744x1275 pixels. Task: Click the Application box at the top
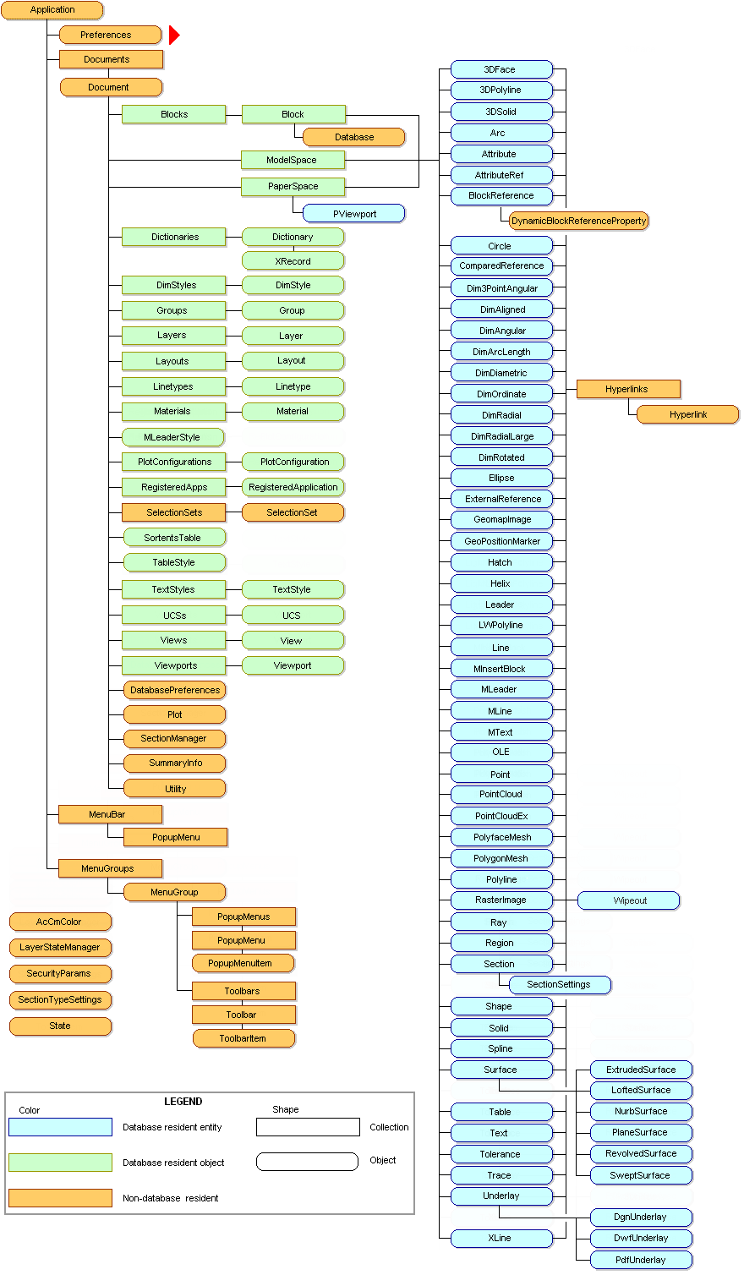[52, 10]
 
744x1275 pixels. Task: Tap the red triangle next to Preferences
[174, 35]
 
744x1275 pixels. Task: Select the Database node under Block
[353, 137]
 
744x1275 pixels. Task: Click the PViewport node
[353, 214]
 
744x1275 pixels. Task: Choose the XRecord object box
[293, 261]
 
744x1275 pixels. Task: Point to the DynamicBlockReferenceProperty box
[578, 221]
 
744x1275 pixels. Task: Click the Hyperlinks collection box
[627, 389]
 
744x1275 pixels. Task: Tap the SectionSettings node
[559, 984]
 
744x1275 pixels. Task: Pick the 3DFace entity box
[501, 69]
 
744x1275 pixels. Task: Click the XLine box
[501, 1238]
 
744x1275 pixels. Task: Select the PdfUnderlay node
[640, 1260]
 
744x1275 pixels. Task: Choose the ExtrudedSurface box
[640, 1070]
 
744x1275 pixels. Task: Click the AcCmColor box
[59, 922]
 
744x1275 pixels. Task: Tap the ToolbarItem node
[243, 1038]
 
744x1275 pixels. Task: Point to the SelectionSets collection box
[173, 512]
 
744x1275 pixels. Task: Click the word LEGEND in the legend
[183, 1102]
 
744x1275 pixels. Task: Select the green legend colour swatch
[60, 1163]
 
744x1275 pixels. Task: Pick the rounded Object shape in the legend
[307, 1162]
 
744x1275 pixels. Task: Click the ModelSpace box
[292, 160]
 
